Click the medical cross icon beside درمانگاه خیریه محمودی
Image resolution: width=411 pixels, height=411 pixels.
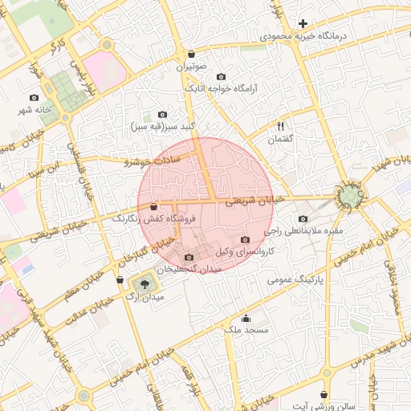pos(303,24)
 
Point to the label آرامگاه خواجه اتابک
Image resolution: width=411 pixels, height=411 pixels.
pos(220,89)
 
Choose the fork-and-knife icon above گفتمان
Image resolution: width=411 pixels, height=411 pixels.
pos(281,125)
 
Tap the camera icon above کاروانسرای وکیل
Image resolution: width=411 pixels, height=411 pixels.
pos(245,240)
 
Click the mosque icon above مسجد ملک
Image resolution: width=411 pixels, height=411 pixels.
pos(246,317)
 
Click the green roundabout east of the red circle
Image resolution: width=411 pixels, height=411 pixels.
pos(350,195)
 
